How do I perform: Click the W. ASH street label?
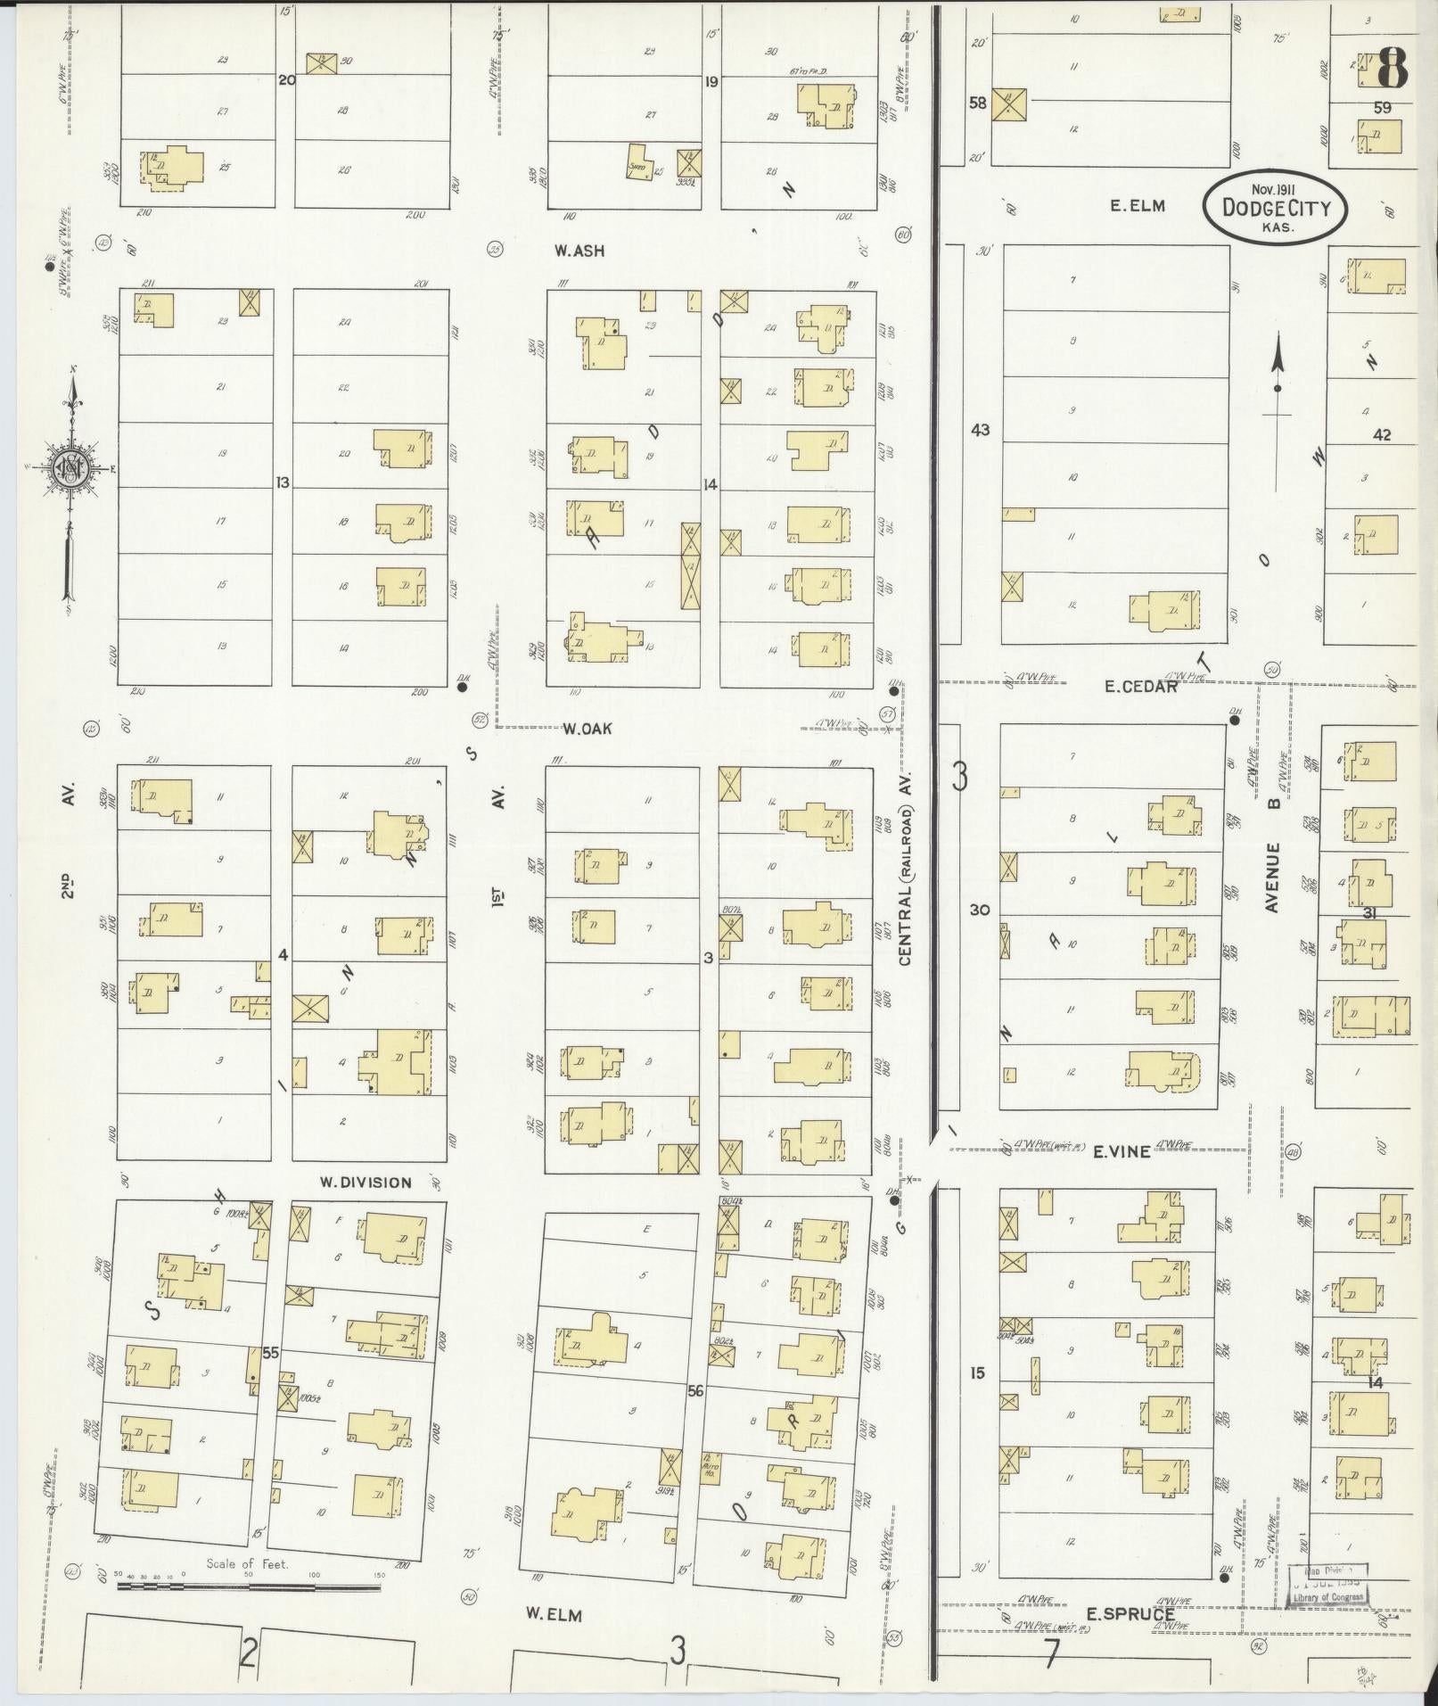click(579, 251)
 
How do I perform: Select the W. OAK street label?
click(588, 729)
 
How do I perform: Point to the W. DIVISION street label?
click(366, 1183)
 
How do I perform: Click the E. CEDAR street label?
click(1141, 686)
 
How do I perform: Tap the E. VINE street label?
click(1122, 1152)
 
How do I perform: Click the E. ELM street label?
click(1138, 206)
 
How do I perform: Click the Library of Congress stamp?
click(1330, 1586)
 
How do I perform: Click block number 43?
click(980, 430)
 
